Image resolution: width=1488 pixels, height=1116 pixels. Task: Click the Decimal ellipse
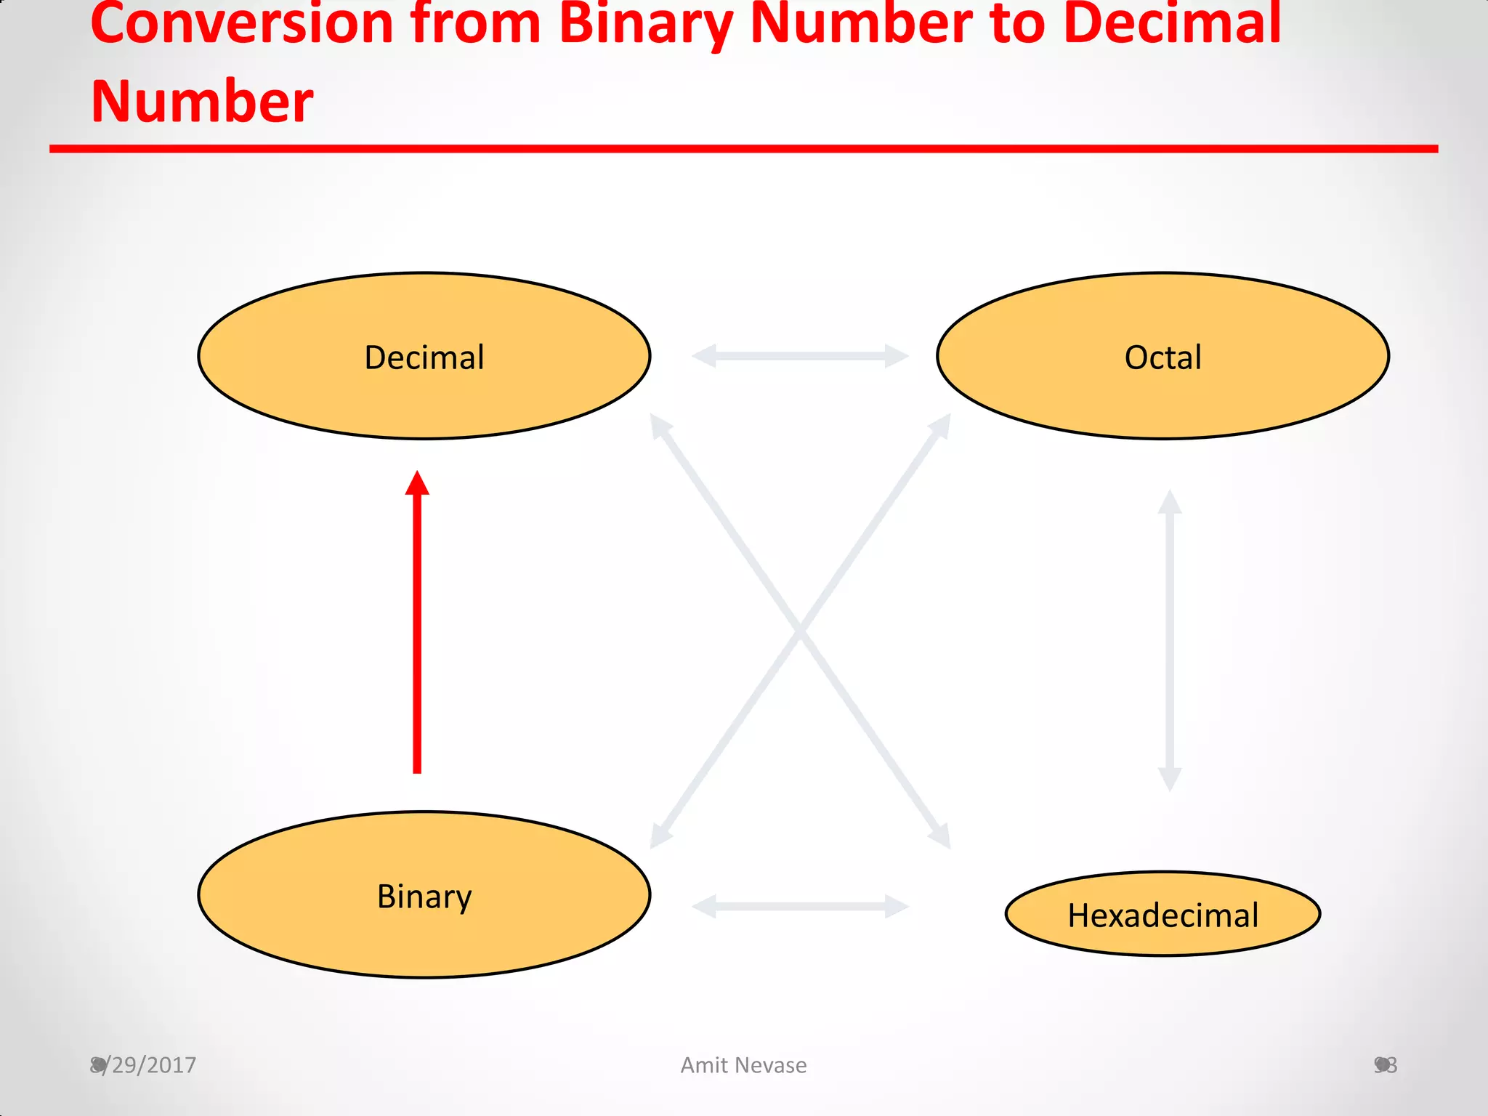(x=424, y=356)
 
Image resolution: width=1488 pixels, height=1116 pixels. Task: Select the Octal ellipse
(x=1162, y=356)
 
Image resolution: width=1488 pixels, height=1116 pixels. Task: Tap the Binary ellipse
(x=424, y=895)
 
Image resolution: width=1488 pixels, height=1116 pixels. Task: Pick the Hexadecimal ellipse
(x=1162, y=914)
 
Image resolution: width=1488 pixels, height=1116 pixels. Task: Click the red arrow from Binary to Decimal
(x=417, y=632)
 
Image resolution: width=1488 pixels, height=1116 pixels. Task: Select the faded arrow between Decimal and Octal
(x=800, y=356)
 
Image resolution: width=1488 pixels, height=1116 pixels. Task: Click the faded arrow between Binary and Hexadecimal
(x=800, y=906)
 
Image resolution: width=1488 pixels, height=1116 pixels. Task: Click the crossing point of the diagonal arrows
(x=800, y=631)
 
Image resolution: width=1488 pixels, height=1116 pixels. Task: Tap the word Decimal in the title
(x=1171, y=23)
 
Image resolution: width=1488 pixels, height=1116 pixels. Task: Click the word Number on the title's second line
(x=202, y=102)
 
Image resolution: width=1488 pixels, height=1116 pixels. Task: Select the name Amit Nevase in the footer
(x=743, y=1065)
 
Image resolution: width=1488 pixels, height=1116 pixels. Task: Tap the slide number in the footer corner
(x=1386, y=1065)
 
